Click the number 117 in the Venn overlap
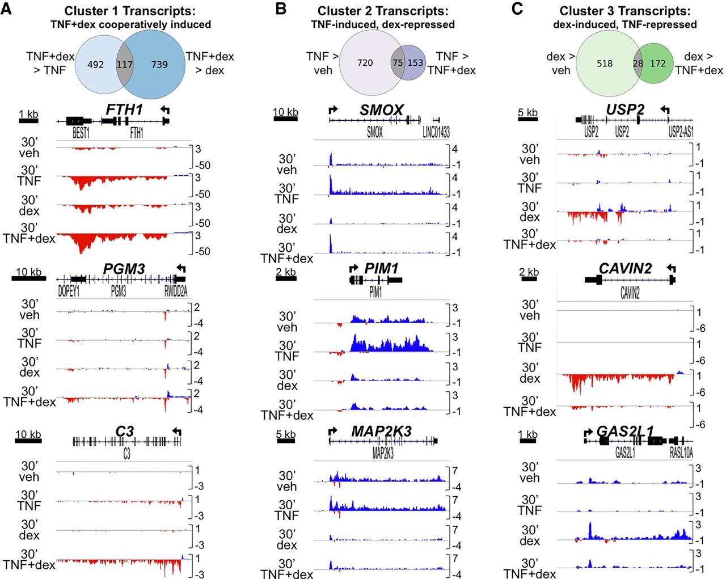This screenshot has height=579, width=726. point(124,65)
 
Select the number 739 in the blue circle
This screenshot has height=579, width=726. point(159,65)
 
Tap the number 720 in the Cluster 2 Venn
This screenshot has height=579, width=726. point(365,62)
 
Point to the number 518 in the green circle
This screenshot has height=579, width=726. point(605,64)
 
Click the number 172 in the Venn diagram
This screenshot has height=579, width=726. point(658,64)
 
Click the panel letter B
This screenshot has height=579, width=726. point(280,9)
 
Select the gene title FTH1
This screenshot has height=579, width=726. point(124,109)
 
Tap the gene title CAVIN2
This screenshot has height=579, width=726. point(625,268)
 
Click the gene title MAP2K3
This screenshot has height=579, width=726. point(381,431)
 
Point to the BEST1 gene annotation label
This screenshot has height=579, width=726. point(81,133)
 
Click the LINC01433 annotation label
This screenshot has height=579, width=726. point(436,132)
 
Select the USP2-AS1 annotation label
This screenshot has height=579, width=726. point(681,132)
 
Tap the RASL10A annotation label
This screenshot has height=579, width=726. point(681,453)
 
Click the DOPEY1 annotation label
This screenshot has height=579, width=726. point(69,291)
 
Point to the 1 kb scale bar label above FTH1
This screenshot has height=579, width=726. point(28,114)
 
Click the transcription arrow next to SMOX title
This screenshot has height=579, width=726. point(333,109)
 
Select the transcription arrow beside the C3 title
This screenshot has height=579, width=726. point(177,432)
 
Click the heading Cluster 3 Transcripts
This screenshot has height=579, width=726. point(625,11)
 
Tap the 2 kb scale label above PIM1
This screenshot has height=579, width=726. point(286,272)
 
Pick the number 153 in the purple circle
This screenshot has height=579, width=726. point(415,62)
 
